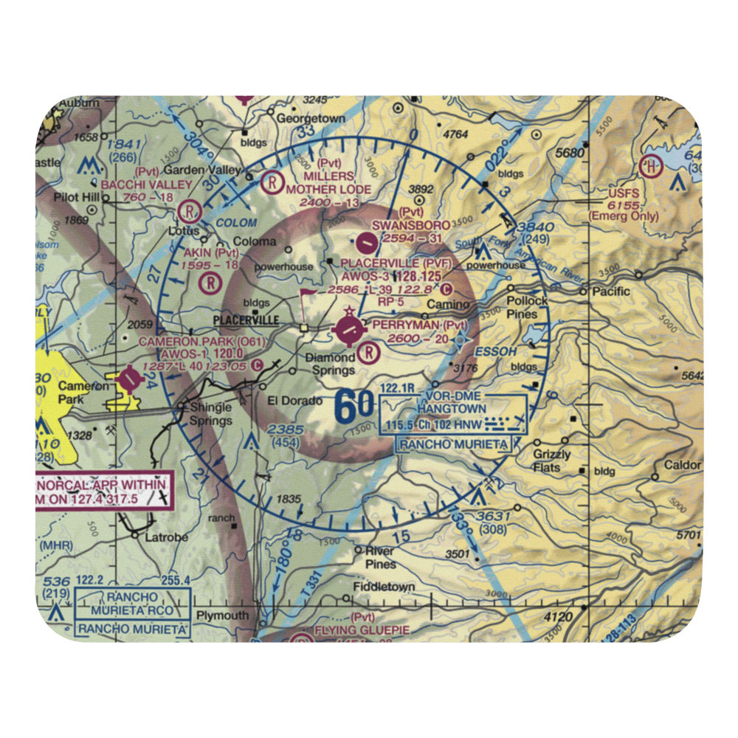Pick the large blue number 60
[354, 407]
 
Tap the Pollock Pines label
[527, 308]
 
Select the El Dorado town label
[294, 401]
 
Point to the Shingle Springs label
[210, 414]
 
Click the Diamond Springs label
[330, 364]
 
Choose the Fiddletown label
[383, 587]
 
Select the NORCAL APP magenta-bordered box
[103, 492]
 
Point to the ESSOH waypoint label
[496, 352]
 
